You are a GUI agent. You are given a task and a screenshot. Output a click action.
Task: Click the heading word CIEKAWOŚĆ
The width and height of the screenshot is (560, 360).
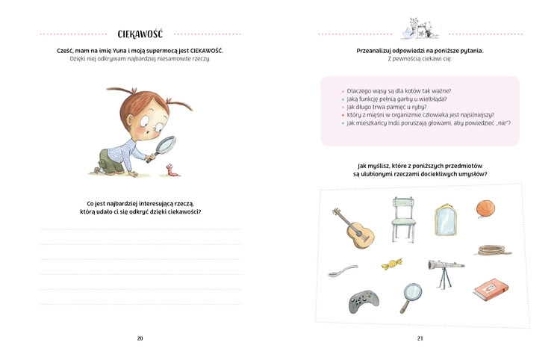[x=140, y=34]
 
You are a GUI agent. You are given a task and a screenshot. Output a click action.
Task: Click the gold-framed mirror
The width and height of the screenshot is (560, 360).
[x=446, y=220]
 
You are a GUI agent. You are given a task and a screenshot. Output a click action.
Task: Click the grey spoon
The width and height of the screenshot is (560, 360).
[x=341, y=270]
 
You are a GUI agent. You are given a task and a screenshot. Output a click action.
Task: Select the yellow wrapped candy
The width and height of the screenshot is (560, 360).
[x=390, y=263]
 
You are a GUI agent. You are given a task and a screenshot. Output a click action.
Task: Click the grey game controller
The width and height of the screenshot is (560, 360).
[x=364, y=300]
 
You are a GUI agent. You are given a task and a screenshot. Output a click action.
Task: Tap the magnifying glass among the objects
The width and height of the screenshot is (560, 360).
[x=410, y=297]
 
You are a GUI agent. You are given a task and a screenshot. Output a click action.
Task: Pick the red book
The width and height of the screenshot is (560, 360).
[x=489, y=289]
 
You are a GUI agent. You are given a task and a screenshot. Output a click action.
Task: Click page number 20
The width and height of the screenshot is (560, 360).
[x=140, y=338]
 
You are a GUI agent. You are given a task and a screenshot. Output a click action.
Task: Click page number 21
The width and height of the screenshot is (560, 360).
[x=420, y=338]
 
